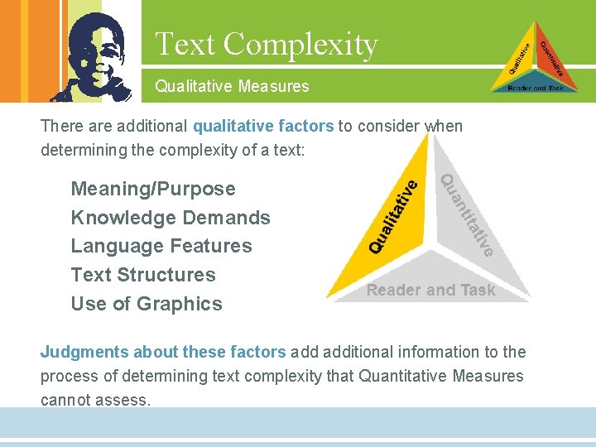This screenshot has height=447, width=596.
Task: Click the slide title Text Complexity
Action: [266, 44]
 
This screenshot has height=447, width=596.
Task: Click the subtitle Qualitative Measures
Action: [232, 85]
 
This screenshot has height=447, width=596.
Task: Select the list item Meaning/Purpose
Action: [153, 189]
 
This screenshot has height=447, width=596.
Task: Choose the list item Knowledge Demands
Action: [171, 218]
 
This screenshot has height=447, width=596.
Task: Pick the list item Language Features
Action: [161, 246]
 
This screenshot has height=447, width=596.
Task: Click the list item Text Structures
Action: [143, 275]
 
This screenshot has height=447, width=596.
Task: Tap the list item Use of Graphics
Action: [147, 304]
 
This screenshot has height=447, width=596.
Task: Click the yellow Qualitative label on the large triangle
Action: [393, 212]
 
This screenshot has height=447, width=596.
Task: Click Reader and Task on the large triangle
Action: [430, 290]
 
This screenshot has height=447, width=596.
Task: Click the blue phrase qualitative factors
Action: [263, 127]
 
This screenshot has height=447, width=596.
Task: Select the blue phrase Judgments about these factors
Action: [163, 352]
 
